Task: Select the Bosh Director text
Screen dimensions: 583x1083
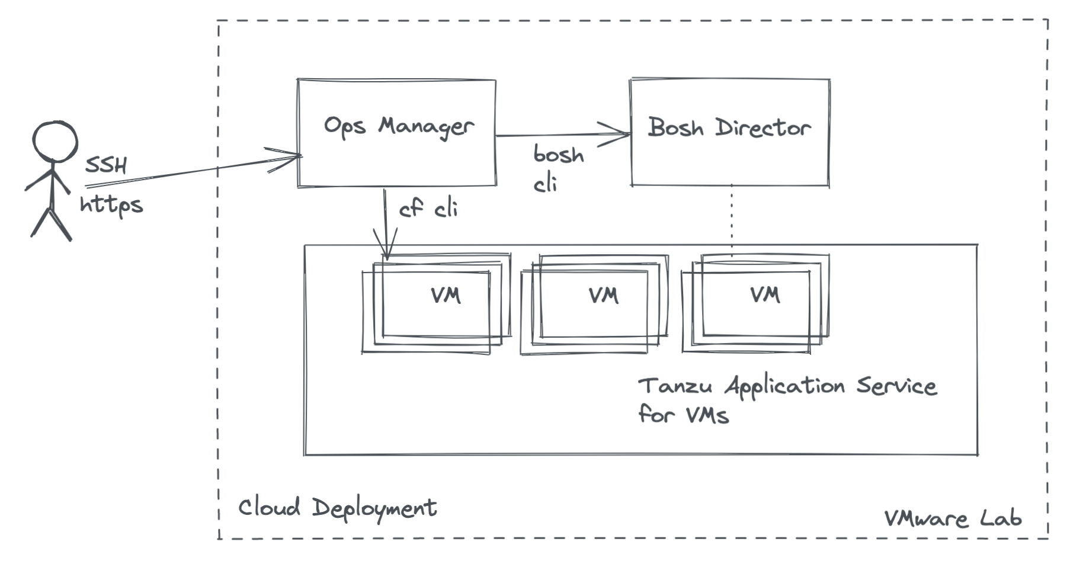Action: (729, 127)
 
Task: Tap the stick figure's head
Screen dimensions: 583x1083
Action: (55, 141)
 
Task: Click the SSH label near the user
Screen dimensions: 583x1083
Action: (106, 165)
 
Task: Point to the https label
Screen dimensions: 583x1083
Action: (111, 205)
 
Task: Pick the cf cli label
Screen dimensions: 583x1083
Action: (428, 209)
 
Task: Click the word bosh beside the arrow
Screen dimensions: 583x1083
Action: (558, 155)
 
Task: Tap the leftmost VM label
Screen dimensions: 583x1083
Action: (446, 295)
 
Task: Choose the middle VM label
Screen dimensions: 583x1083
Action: (604, 295)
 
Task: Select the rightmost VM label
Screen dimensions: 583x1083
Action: (765, 294)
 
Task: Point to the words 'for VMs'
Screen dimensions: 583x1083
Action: (683, 414)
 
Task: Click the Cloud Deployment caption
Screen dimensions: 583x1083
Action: (337, 508)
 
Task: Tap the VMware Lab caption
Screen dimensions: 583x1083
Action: (953, 518)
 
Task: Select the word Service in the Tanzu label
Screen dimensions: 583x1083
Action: (896, 386)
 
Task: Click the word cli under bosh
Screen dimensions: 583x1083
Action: (545, 185)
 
